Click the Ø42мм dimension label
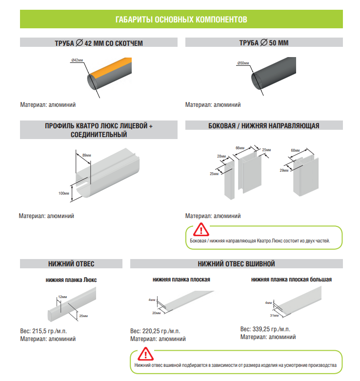pos(77,60)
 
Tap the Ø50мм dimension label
pos(243,63)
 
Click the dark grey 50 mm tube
pos(274,73)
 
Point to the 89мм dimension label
pos(86,155)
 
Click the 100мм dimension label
pos(63,193)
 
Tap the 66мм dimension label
pos(240,148)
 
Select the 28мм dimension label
pos(221,156)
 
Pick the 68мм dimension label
pos(295,150)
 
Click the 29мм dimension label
pos(284,170)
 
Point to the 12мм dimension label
pos(62,297)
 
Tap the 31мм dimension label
pos(274,316)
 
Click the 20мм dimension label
pos(157,313)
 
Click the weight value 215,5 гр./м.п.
pos(50,331)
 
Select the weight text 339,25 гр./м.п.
pos(271,329)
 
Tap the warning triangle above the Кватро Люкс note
pos(201,230)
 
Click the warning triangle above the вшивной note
pos(145,354)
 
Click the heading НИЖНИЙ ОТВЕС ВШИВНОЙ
pos(237,264)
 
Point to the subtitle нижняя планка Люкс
pos(71,280)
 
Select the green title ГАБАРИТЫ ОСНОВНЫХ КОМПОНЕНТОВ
pos(181,20)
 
